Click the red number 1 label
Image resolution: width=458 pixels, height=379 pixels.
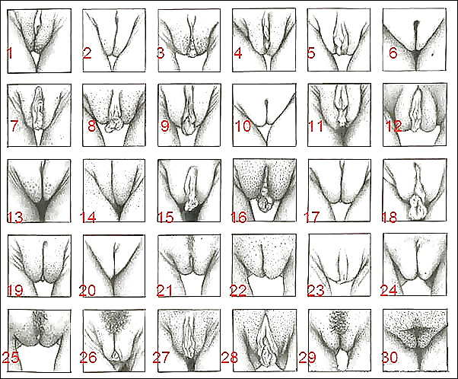click(x=10, y=53)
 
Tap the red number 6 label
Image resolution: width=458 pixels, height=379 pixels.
click(x=393, y=53)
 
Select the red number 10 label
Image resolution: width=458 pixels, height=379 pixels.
click(x=243, y=126)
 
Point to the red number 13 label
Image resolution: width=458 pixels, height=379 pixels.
click(x=15, y=218)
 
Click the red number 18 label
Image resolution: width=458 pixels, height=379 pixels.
click(x=390, y=217)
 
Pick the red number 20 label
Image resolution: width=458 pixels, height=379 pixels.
click(x=87, y=291)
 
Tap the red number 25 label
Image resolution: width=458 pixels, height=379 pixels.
click(x=11, y=357)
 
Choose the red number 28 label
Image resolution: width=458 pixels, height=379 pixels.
click(x=230, y=358)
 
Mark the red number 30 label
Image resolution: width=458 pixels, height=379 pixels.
click(x=390, y=357)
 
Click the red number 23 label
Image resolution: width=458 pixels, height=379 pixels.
click(x=316, y=291)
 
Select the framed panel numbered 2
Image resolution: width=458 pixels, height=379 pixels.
click(x=114, y=40)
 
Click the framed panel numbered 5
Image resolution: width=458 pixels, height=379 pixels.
click(x=339, y=40)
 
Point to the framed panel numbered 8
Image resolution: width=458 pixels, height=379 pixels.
click(x=114, y=115)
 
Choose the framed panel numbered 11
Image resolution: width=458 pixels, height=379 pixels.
click(x=339, y=115)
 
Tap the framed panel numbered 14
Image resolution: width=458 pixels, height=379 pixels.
click(x=114, y=190)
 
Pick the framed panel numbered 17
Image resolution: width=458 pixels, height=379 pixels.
click(x=339, y=190)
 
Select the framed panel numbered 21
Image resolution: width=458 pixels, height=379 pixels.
click(x=189, y=266)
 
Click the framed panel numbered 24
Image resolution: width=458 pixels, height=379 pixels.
click(x=415, y=265)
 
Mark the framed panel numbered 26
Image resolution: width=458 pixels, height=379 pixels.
click(x=114, y=341)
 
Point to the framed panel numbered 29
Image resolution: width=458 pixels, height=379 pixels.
click(x=340, y=341)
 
